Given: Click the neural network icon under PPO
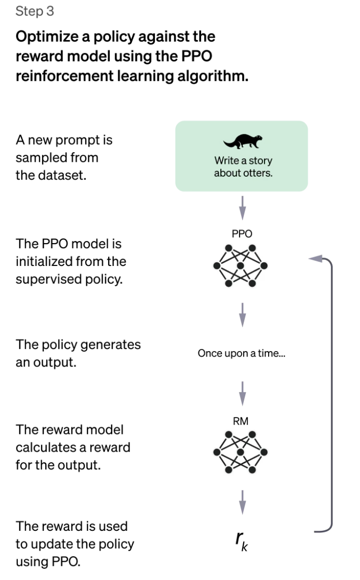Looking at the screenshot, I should click(241, 266).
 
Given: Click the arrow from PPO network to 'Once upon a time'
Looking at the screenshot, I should click(242, 315).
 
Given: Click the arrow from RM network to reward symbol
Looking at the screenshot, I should click(242, 501).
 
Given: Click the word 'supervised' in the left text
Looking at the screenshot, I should click(49, 280).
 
